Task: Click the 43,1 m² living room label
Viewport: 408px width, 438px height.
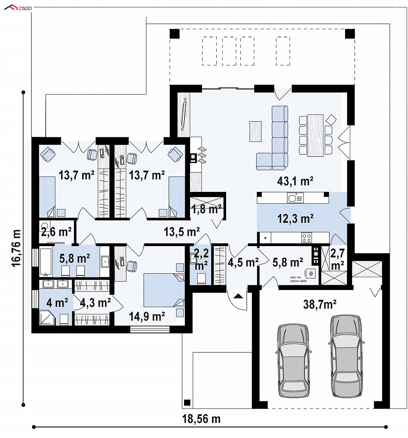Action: pyautogui.click(x=295, y=181)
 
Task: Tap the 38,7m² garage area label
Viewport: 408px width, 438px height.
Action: pyautogui.click(x=320, y=304)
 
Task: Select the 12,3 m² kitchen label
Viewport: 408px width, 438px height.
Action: pyautogui.click(x=295, y=219)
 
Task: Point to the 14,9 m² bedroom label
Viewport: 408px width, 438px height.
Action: pyautogui.click(x=147, y=316)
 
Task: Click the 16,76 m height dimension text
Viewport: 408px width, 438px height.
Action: pyautogui.click(x=16, y=249)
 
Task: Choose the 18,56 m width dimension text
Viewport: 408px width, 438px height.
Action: pyautogui.click(x=201, y=419)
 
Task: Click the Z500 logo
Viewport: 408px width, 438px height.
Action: pyautogui.click(x=18, y=8)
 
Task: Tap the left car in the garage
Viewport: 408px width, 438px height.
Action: pyautogui.click(x=293, y=361)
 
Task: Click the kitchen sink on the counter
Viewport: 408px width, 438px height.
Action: pyautogui.click(x=295, y=198)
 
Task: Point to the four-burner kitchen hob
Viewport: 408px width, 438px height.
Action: pyautogui.click(x=307, y=238)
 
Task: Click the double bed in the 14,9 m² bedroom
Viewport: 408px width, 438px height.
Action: pyautogui.click(x=164, y=290)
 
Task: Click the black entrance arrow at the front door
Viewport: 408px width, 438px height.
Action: pyautogui.click(x=238, y=296)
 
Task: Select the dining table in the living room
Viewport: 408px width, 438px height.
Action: pyautogui.click(x=316, y=135)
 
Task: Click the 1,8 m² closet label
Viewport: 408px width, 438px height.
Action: pyautogui.click(x=207, y=209)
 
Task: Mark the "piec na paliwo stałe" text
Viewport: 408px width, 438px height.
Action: pyautogui.click(x=298, y=279)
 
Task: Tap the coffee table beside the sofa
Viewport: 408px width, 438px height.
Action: pyautogui.click(x=255, y=131)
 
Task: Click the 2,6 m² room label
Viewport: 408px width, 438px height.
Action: pyautogui.click(x=56, y=232)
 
